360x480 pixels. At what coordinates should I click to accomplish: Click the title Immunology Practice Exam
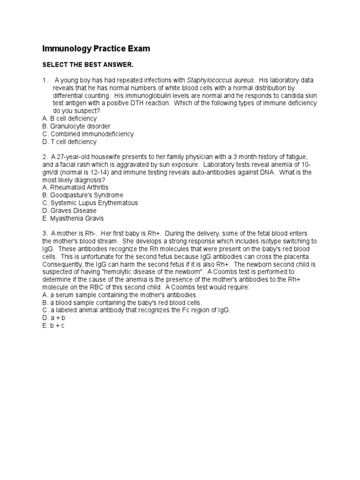(96, 49)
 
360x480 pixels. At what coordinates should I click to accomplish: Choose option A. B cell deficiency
(69, 119)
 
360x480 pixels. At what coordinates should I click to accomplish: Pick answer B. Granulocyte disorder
(76, 126)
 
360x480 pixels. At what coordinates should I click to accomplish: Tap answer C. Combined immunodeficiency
(88, 134)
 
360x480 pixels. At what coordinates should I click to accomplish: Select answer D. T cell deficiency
(69, 142)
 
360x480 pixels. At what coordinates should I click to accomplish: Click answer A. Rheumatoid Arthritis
(75, 187)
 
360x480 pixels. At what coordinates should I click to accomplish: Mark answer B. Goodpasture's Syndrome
(82, 195)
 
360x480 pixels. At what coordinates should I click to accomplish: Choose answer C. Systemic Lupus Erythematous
(90, 203)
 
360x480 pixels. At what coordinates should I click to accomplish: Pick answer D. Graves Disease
(69, 210)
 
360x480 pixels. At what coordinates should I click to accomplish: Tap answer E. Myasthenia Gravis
(73, 218)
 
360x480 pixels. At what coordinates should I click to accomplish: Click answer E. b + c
(53, 325)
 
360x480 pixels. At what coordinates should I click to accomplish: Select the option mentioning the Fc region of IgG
(136, 310)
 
